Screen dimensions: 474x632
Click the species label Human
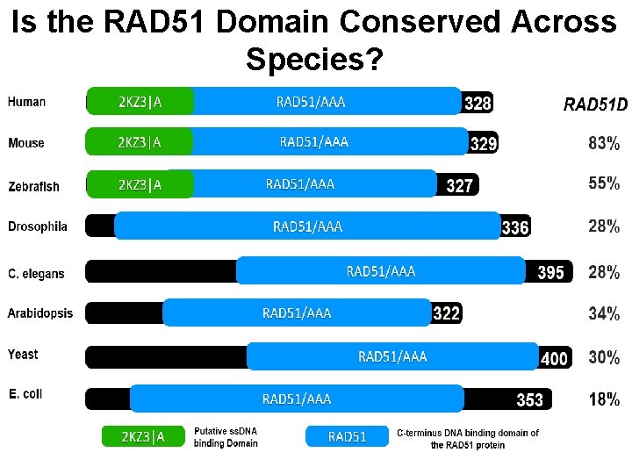pos(27,102)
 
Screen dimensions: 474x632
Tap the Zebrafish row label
pos(34,186)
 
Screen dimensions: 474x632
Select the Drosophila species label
pos(38,226)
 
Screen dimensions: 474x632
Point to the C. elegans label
pos(36,273)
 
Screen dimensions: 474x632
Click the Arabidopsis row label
pos(40,312)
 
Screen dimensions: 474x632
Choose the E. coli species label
pos(25,393)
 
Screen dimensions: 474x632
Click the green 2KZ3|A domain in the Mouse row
pos(140,142)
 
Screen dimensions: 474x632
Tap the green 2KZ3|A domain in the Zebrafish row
pos(140,184)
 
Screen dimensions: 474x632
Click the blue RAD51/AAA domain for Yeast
pos(392,355)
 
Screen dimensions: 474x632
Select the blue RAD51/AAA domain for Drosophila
pos(307,226)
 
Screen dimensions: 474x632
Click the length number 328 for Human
pos(478,104)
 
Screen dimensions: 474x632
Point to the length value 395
pos(550,272)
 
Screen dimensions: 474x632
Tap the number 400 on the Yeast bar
pos(554,358)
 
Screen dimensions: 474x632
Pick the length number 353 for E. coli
pos(529,400)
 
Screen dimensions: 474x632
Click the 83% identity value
pos(604,142)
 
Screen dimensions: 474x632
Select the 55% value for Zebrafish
pos(604,183)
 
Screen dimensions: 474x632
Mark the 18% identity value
pos(604,399)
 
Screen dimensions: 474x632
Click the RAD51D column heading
pos(595,105)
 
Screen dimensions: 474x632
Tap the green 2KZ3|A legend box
pos(144,436)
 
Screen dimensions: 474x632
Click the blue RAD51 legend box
pos(347,436)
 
